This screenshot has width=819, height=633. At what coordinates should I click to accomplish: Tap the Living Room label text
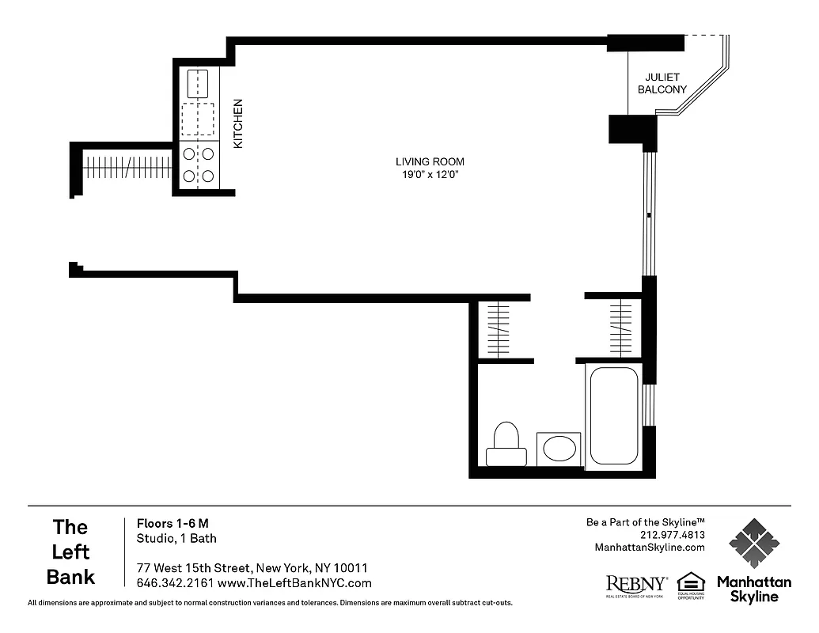pos(430,161)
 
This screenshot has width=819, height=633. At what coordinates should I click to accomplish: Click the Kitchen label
pos(237,123)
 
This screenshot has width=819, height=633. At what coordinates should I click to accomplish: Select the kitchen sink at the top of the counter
pos(197,83)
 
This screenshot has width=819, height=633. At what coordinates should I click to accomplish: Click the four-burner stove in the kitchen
pos(198,165)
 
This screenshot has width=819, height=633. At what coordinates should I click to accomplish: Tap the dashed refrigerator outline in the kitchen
pos(198,119)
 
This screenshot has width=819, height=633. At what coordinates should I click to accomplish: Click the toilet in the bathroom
pos(506,445)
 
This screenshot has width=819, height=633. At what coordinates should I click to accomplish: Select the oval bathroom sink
pos(559,449)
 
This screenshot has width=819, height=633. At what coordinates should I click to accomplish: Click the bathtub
pos(614,415)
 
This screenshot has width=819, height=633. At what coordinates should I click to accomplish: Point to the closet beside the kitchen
pos(127,167)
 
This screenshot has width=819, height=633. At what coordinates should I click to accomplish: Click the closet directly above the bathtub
pos(620,328)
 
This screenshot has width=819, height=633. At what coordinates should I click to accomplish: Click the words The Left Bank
pos(70,552)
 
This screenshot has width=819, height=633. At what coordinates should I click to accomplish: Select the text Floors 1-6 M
pos(173,523)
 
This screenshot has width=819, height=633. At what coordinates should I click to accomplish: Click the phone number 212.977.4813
pos(672,535)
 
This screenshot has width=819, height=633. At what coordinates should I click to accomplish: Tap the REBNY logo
pos(635,585)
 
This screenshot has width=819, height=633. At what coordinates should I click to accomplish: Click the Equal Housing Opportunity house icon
pos(691,582)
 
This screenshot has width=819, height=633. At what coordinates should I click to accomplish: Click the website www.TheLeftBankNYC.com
pos(294,583)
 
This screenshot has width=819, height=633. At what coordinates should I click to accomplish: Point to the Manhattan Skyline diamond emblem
pos(753,544)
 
